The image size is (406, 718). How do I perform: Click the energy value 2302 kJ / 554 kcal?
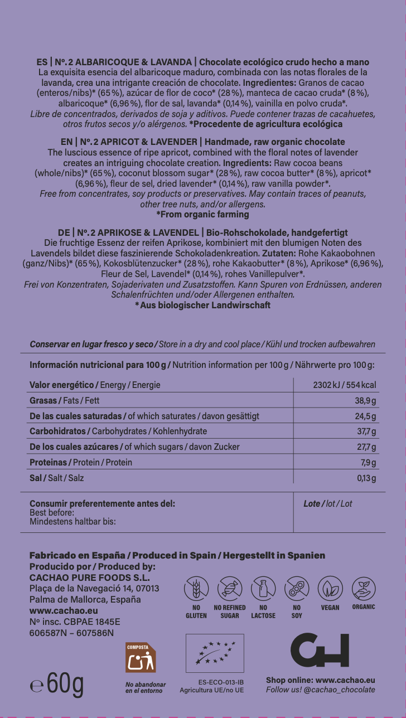point(345,385)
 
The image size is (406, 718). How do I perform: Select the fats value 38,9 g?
point(365,401)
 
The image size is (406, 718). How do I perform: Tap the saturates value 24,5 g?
point(365,416)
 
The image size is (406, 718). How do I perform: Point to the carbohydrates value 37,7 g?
point(366,431)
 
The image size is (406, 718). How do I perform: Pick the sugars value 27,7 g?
point(366,447)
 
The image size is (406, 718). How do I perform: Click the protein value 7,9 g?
point(369,463)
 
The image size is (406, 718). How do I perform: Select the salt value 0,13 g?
point(366,478)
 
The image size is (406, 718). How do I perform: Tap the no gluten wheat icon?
point(196,589)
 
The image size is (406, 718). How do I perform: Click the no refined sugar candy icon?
point(230,589)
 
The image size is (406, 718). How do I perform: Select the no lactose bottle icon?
point(263,589)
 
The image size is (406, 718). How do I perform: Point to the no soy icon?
point(297,589)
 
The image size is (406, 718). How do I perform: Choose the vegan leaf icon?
point(330,589)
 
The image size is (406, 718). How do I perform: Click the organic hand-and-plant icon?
point(364,588)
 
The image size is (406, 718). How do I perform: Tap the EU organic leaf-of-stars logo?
point(215,653)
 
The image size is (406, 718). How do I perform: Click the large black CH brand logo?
point(320,650)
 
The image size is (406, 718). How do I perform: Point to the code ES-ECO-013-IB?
point(221,682)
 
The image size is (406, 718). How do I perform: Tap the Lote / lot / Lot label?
point(328,504)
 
